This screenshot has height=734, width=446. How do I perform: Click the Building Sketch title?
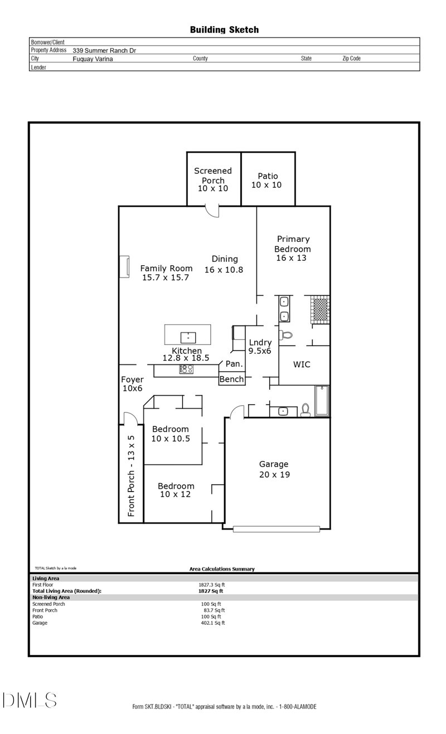(x=224, y=30)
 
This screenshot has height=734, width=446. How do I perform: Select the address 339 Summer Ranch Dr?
(x=104, y=50)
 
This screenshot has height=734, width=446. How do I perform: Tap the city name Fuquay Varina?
(x=93, y=59)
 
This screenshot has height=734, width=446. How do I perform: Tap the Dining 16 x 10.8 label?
(x=224, y=264)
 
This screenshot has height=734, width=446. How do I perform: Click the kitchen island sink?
(x=188, y=336)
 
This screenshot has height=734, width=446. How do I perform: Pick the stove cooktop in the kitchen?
(x=186, y=369)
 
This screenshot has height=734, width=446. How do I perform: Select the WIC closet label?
(x=302, y=364)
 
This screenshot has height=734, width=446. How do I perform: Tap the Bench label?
(x=231, y=380)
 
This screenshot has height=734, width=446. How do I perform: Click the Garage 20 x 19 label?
(x=274, y=469)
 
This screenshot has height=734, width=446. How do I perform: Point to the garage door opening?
(x=277, y=528)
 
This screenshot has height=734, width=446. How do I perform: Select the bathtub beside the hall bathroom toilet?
(x=322, y=401)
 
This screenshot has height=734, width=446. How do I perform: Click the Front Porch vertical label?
(x=132, y=475)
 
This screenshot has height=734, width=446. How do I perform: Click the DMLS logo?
(x=30, y=700)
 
